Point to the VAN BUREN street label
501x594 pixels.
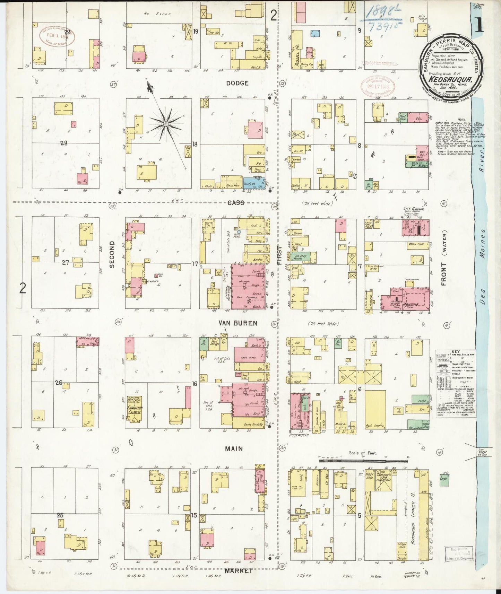click(238, 323)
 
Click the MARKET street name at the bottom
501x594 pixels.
click(239, 570)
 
